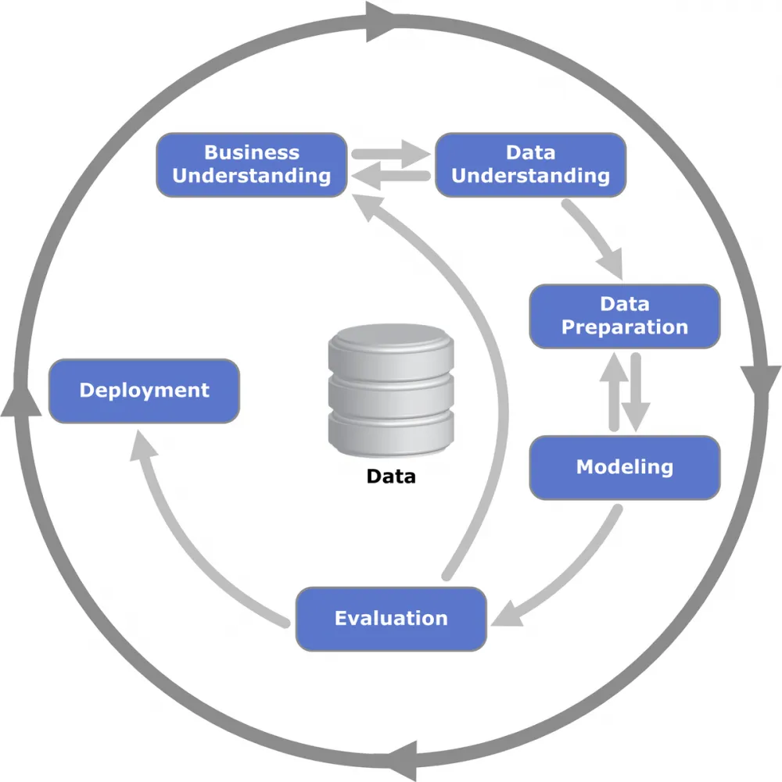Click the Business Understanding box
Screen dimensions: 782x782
252,165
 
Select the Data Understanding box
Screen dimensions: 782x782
530,165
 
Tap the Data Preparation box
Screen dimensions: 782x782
625,316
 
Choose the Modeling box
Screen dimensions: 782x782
625,467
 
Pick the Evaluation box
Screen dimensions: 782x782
391,619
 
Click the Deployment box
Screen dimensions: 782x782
145,391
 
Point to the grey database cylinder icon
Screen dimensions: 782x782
391,391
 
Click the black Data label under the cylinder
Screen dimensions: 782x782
391,477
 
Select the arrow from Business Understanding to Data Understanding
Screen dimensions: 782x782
391,154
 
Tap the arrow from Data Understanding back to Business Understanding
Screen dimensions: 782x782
391,176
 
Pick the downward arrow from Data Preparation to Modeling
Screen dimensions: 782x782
636,392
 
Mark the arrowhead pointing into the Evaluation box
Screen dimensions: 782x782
507,614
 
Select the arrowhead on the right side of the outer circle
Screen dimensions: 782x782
761,381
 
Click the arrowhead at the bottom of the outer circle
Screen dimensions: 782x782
403,761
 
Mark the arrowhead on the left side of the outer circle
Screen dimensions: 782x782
21,401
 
